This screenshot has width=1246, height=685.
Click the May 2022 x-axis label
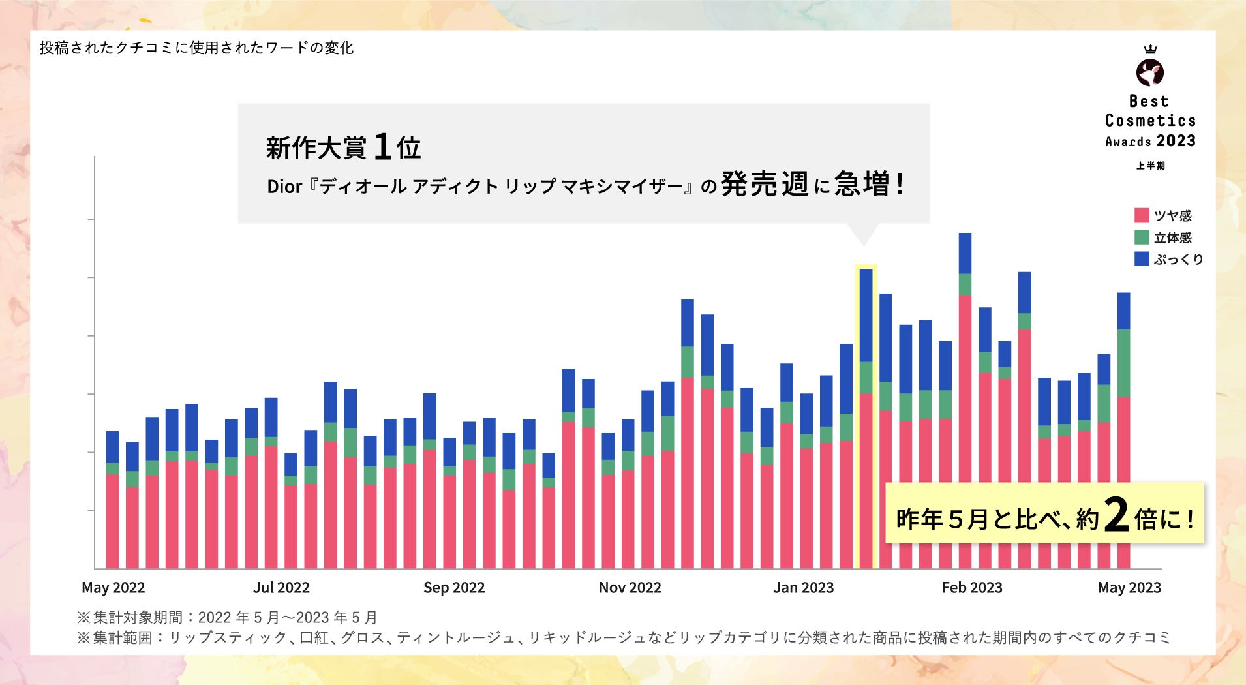(x=113, y=587)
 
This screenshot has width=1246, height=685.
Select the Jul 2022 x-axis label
(x=281, y=587)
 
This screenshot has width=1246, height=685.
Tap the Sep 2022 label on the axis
(x=454, y=587)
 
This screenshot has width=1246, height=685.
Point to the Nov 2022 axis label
(x=630, y=587)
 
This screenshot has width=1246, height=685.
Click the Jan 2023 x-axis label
(x=803, y=587)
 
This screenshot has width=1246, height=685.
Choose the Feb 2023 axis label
(x=971, y=587)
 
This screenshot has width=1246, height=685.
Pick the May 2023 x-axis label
(x=1129, y=587)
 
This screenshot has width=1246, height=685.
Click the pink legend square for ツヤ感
(x=1142, y=215)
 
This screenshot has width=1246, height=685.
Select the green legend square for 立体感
(x=1142, y=237)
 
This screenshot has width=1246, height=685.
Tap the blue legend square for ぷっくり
(x=1142, y=259)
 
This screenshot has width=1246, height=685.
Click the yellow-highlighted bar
(x=866, y=418)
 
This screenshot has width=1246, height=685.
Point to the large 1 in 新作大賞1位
(x=383, y=147)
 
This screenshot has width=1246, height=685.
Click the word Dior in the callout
(x=284, y=187)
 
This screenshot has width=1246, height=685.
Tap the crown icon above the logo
(x=1150, y=49)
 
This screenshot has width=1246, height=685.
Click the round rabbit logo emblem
(x=1150, y=72)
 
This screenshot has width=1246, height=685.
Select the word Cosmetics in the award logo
(x=1150, y=121)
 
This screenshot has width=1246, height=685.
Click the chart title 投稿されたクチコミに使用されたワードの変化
(x=196, y=48)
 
